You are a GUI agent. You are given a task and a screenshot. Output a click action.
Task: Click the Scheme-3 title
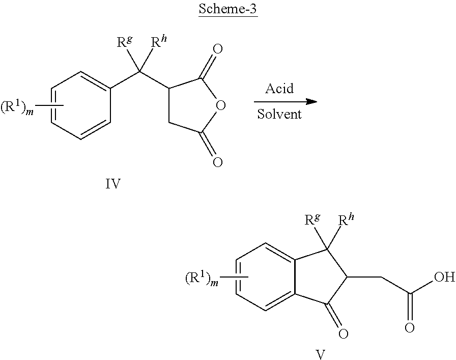227,9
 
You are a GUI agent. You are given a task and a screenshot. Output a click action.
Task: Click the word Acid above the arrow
279,88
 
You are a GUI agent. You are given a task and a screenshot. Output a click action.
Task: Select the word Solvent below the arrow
279,114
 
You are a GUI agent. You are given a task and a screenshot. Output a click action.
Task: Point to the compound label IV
113,184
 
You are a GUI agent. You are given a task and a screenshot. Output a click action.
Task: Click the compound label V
320,355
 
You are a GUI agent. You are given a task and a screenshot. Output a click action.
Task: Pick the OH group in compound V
444,277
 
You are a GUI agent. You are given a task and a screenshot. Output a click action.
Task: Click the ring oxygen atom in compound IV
221,105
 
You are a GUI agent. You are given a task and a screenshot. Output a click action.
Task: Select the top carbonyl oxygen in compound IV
217,49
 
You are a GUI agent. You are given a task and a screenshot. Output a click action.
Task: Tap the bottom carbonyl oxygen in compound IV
217,162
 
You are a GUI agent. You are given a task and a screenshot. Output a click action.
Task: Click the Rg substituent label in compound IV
125,42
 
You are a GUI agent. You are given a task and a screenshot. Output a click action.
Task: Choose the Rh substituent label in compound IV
159,42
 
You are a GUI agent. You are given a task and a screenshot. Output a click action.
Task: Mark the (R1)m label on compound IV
17,107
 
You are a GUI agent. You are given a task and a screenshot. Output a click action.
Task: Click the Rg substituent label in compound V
312,220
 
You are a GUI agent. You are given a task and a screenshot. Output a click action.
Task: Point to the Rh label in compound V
347,220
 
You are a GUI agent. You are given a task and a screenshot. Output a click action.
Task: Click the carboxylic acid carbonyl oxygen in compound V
410,328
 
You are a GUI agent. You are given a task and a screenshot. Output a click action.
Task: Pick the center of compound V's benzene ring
266,276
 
